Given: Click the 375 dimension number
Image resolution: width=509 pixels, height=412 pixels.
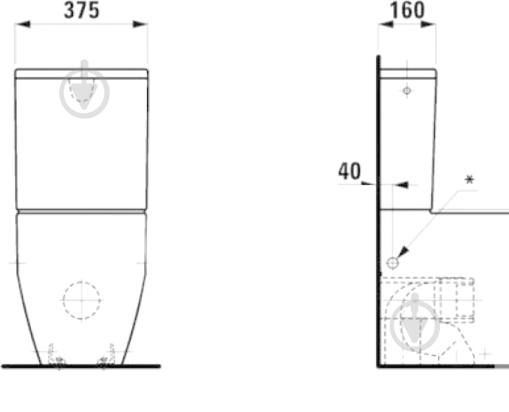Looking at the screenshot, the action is (x=81, y=10).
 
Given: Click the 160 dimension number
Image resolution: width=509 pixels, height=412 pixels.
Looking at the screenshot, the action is (x=407, y=10).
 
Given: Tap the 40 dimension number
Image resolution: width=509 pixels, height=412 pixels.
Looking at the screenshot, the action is (x=349, y=171).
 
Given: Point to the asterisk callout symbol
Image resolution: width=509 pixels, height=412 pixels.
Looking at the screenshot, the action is (x=470, y=179).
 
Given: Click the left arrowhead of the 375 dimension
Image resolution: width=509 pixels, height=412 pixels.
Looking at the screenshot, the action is (x=23, y=24).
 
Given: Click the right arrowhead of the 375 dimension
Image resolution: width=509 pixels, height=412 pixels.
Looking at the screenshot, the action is (x=140, y=24).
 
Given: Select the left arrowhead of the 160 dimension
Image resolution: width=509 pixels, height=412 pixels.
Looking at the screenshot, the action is (x=386, y=24).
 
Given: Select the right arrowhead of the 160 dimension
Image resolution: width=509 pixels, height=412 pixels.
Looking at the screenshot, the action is (x=428, y=24).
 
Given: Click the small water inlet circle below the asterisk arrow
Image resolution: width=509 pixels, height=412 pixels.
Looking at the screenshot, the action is (x=393, y=263).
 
